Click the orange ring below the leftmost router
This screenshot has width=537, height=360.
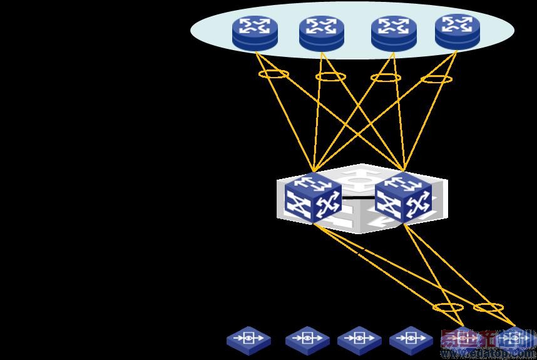tap(274, 75)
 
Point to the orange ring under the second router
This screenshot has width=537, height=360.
tap(330, 76)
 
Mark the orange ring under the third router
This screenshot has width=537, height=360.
tap(386, 78)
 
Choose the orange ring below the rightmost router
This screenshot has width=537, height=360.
tap(436, 79)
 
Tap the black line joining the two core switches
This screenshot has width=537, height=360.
tap(357, 197)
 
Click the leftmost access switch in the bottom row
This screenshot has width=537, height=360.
tap(249, 339)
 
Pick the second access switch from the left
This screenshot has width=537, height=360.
tap(307, 340)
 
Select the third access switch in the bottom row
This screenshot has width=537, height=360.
tap(359, 340)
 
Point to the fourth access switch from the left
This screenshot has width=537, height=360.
tap(411, 340)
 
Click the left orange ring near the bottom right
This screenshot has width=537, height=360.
tap(448, 307)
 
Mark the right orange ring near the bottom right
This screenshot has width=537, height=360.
tap(488, 307)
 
